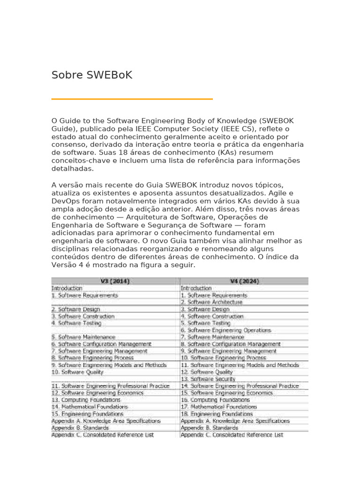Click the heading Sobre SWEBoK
coord(92,75)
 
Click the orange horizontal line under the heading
coord(132,99)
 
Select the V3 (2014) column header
coord(115,281)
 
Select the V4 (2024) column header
coord(244,281)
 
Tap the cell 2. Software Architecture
coord(213,302)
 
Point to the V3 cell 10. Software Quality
coord(77,372)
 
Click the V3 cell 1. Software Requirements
coord(85,295)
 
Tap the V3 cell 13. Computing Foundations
coord(86,400)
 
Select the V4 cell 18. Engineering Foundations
coord(217,414)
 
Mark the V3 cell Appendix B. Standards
coord(80,428)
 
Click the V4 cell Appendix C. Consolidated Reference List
coord(232,435)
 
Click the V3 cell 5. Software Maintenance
coord(83,337)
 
